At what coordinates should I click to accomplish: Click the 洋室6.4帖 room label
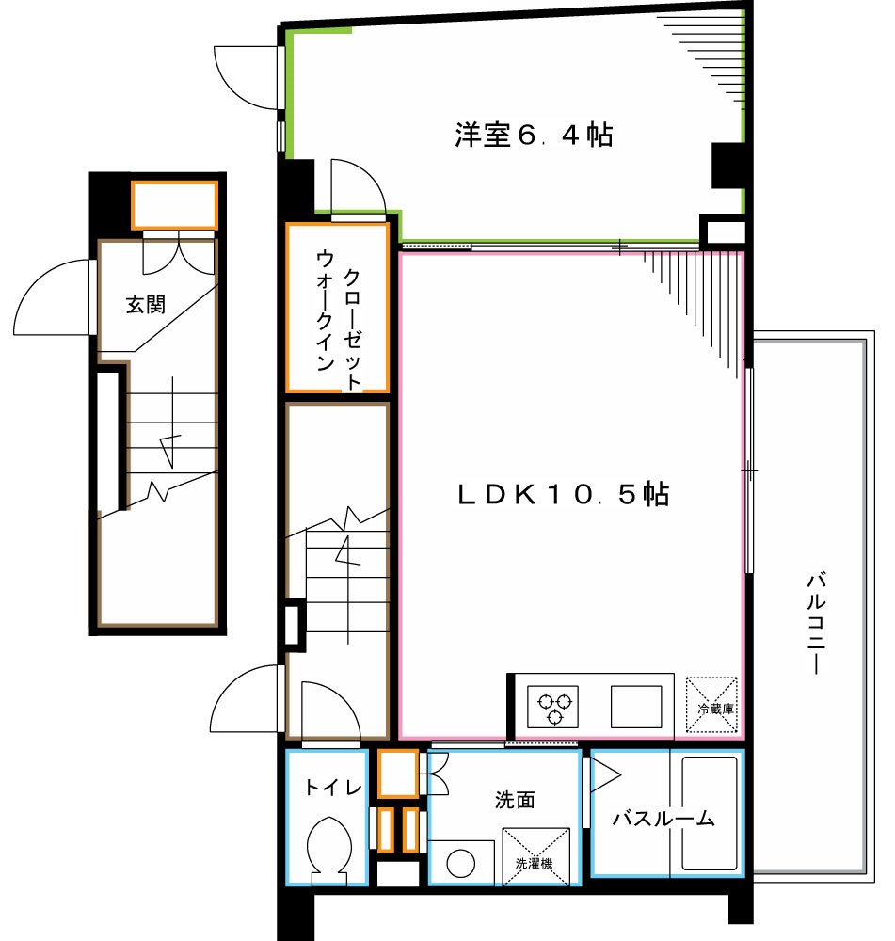(534, 136)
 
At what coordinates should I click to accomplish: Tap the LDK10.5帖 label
(563, 494)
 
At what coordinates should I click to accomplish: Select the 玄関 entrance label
(146, 304)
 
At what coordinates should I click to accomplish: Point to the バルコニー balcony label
(815, 622)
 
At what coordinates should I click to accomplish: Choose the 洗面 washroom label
(515, 800)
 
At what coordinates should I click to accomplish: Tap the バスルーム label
(663, 819)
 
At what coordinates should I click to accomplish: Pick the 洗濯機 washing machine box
(536, 856)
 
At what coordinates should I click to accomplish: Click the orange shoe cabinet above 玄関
(174, 205)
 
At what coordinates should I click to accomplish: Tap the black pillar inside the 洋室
(727, 166)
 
